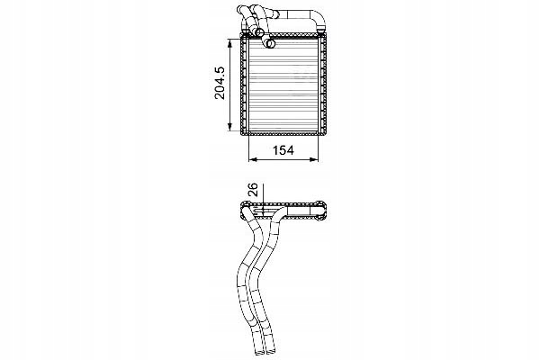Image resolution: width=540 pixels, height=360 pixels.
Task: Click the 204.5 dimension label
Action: click(220, 84)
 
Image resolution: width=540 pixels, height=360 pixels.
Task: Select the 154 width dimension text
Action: click(283, 150)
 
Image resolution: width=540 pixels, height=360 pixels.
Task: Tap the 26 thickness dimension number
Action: click(253, 190)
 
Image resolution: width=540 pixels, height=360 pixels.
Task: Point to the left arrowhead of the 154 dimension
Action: click(253, 159)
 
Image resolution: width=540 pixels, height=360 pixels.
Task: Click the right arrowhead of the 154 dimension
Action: click(314, 159)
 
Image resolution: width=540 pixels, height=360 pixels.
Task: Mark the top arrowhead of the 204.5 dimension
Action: click(229, 43)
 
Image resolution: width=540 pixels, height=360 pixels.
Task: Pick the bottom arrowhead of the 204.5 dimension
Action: click(229, 127)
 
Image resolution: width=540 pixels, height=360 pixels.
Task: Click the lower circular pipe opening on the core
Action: click(271, 44)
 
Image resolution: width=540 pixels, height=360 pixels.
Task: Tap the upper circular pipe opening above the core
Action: click(259, 33)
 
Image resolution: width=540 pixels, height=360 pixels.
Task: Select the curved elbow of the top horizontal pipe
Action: click(319, 19)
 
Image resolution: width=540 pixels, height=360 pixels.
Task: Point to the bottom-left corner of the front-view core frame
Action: click(240, 135)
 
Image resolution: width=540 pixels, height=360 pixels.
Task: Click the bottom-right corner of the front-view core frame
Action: click(326, 135)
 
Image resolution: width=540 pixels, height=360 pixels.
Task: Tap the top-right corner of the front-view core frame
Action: click(326, 33)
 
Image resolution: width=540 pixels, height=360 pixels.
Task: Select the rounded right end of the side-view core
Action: click(323, 210)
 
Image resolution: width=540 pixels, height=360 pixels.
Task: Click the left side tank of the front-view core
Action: click(244, 84)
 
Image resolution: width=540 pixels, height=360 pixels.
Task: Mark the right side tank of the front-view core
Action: click(323, 84)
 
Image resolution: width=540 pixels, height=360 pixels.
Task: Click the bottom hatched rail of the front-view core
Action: click(283, 134)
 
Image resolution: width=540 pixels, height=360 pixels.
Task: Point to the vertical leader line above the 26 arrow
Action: click(263, 193)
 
